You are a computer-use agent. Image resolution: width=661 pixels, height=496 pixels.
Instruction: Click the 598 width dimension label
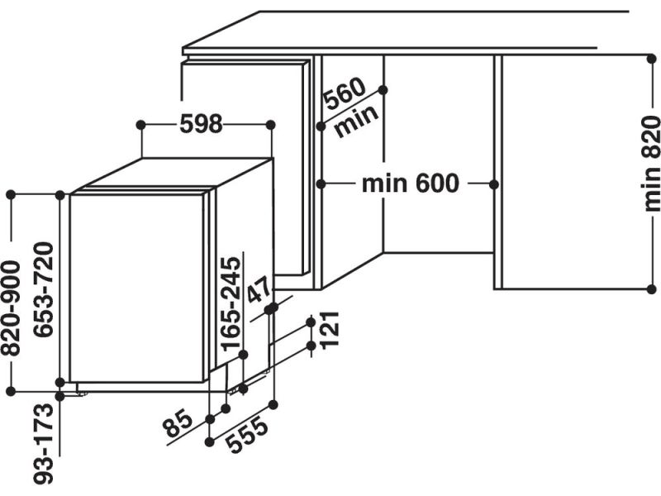click(x=201, y=124)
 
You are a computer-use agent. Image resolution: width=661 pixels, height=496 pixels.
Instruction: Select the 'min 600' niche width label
click(x=409, y=183)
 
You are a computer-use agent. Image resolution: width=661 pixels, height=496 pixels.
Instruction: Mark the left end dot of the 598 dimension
click(x=140, y=124)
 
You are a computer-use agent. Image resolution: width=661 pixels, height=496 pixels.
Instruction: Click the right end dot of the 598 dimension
click(x=271, y=124)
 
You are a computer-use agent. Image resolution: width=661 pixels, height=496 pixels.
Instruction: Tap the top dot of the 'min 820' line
click(x=651, y=55)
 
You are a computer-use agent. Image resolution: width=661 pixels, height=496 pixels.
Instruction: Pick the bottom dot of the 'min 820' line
click(x=651, y=289)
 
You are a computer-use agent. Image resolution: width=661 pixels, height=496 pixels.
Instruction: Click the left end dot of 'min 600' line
click(x=321, y=183)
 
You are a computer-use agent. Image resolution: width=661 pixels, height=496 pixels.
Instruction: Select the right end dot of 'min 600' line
click(x=496, y=183)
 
